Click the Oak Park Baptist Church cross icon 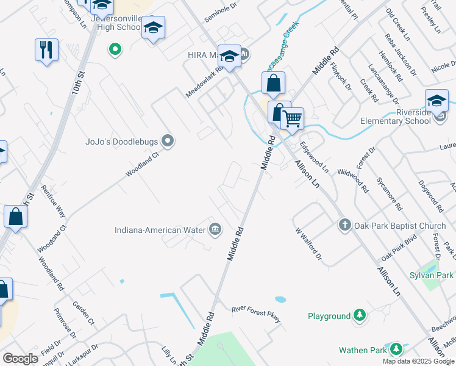tap(344, 225)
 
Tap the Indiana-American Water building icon tap(215, 230)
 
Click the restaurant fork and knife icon tap(46, 49)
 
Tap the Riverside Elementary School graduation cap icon tap(436, 101)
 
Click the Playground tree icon tap(360, 316)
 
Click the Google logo tap(20, 359)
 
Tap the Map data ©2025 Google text tap(418, 361)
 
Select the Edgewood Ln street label tap(314, 158)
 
